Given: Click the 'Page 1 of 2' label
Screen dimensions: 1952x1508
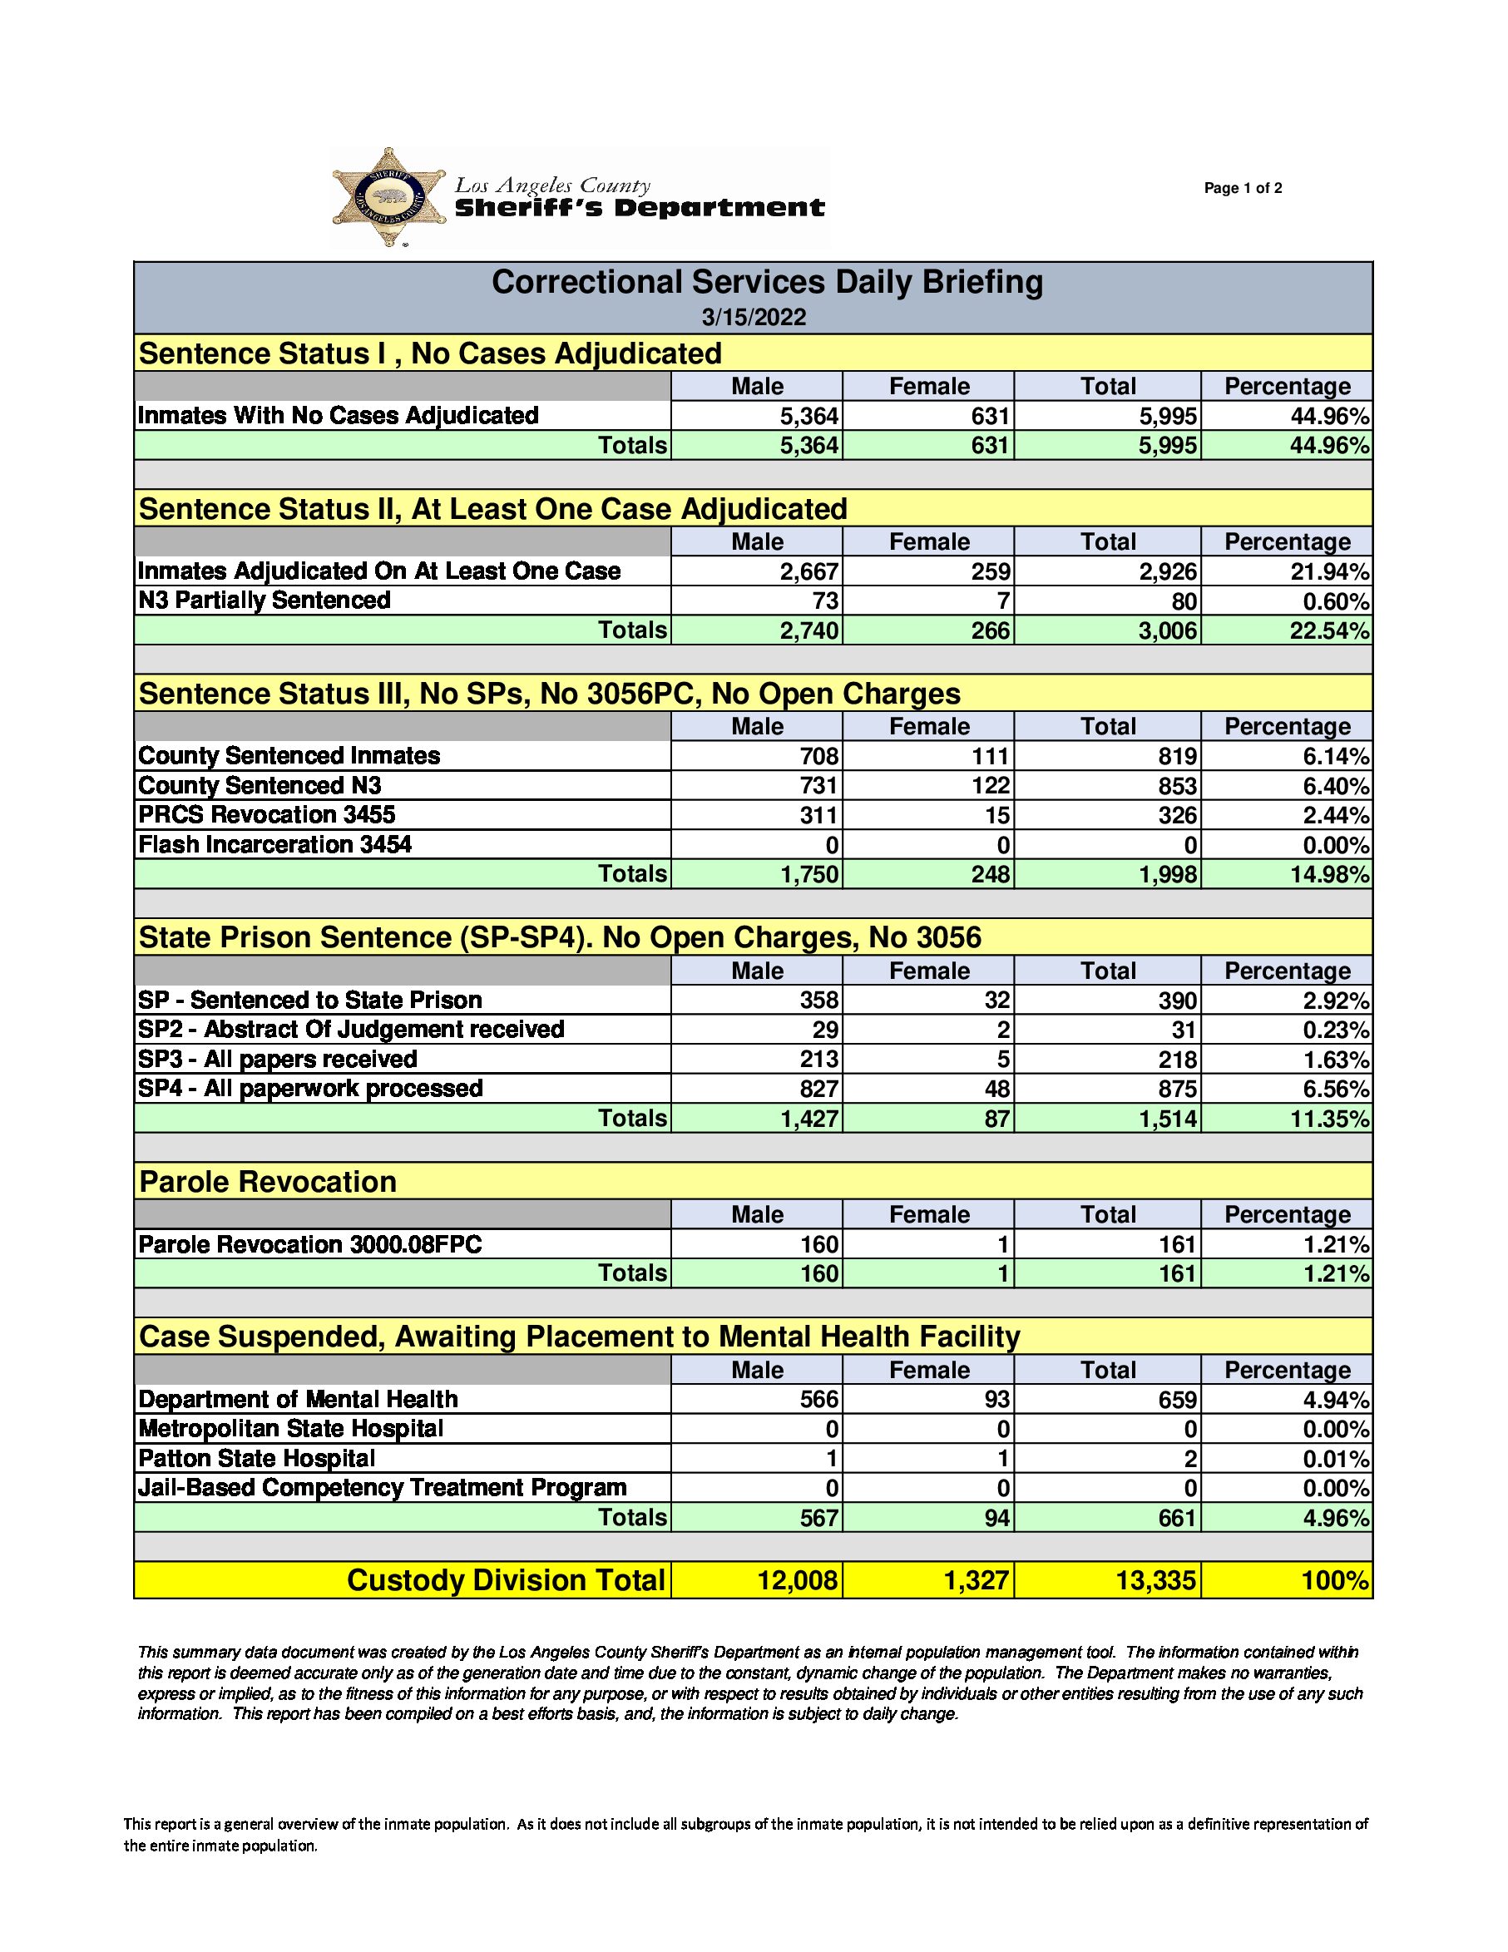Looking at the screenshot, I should point(1243,188).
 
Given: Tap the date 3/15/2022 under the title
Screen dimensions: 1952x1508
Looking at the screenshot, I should point(754,317).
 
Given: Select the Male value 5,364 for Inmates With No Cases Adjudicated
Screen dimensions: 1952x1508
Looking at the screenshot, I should point(809,416).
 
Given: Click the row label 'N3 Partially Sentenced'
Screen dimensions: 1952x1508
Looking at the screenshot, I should point(265,600).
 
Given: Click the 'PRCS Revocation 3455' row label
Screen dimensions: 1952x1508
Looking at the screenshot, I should point(266,814).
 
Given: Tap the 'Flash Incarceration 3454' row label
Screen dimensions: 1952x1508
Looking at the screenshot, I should point(274,845).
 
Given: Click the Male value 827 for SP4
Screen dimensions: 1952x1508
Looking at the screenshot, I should point(818,1089).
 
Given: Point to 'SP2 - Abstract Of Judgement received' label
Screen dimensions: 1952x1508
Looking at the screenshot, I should point(351,1029).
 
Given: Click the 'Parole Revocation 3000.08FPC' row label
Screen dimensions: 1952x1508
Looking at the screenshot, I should point(310,1244).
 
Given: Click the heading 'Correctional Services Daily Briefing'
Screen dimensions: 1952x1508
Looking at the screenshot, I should point(767,283).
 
